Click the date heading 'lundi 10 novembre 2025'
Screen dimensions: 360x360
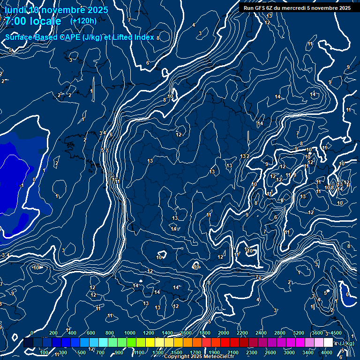(56, 10)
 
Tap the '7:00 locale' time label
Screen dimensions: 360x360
(33, 21)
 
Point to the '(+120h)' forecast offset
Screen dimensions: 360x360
(83, 21)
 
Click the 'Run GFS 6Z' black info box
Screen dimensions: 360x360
(297, 8)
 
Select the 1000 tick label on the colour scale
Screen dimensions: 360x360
(130, 333)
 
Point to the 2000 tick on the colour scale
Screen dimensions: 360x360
(224, 333)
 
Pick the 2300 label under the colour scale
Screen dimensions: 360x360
(251, 352)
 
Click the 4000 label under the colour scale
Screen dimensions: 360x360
(327, 352)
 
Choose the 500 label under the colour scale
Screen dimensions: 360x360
(82, 352)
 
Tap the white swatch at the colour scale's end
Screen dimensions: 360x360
(328, 343)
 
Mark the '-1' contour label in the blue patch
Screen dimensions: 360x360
(22, 186)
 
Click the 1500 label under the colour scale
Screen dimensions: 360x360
(176, 352)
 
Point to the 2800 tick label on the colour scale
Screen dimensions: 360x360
(280, 333)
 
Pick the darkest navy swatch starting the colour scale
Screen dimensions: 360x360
(28, 343)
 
